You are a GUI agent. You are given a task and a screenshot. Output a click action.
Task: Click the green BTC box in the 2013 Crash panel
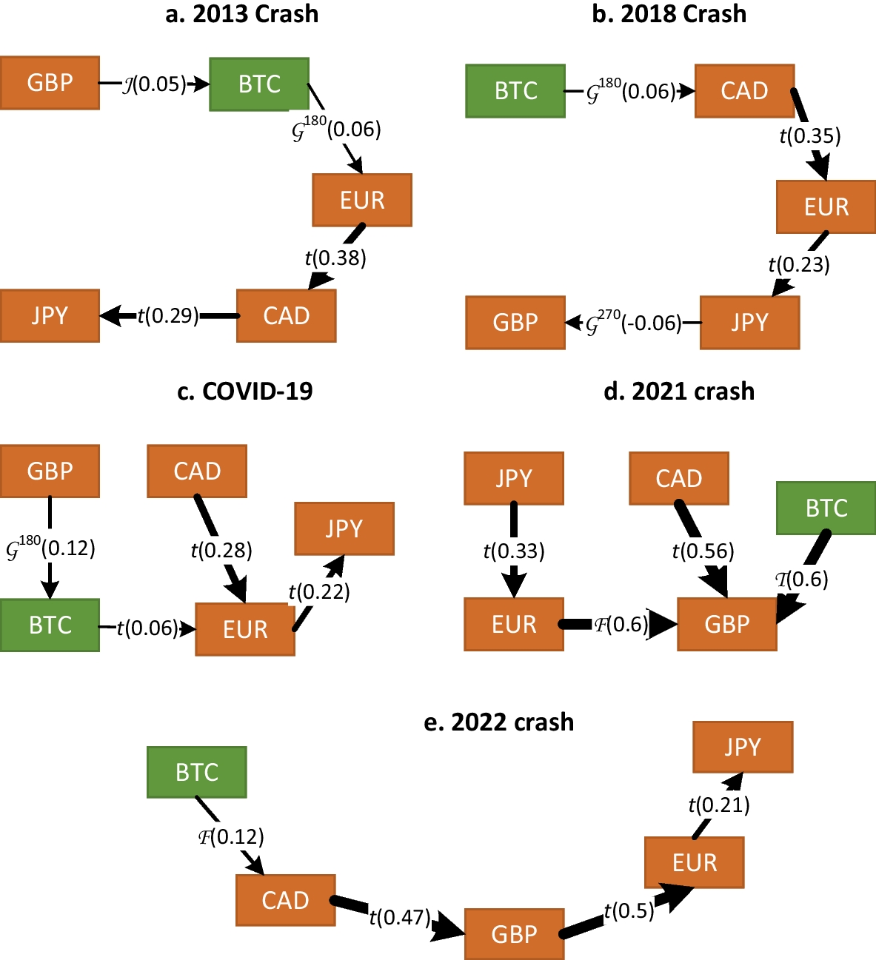(259, 84)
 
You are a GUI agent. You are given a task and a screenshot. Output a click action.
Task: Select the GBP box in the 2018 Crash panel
(515, 323)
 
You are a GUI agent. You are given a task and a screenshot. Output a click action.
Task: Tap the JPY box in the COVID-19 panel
(344, 528)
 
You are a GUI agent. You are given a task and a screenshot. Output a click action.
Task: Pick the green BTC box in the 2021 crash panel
(826, 508)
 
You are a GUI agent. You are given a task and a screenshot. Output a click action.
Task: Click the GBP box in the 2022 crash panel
(514, 934)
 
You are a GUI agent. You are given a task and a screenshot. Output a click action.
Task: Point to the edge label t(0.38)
(335, 258)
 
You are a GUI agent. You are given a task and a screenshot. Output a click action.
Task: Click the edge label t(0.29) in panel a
(168, 316)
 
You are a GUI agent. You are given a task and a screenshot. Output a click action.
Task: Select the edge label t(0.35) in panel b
(810, 136)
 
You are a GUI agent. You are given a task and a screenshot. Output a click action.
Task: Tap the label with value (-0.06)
(634, 323)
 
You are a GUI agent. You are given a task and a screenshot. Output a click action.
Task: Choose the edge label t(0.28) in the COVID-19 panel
(221, 550)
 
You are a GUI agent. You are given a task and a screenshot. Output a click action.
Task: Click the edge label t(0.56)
(703, 551)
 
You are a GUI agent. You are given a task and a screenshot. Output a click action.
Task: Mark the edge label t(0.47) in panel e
(400, 918)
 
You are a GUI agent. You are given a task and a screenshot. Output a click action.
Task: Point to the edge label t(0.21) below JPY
(719, 805)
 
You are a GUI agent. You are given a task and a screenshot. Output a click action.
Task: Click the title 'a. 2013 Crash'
(242, 14)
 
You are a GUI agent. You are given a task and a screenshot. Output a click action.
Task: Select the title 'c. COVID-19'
(245, 391)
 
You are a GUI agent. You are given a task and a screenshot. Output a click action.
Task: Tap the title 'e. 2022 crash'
(498, 722)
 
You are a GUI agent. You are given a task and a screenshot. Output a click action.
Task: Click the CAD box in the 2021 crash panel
(679, 479)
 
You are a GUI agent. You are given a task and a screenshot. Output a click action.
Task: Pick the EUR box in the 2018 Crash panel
(826, 207)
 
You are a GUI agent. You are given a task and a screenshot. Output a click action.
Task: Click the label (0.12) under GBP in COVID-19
(51, 548)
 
